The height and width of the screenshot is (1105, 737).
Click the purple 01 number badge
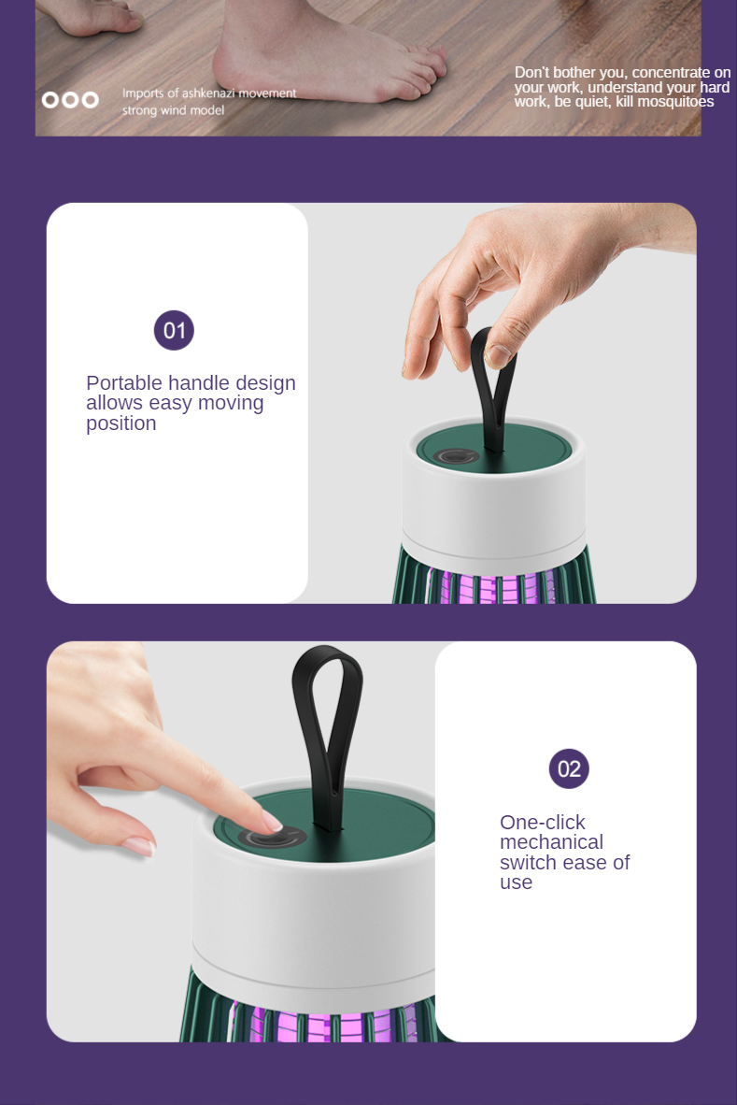(174, 330)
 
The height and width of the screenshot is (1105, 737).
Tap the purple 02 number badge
(569, 768)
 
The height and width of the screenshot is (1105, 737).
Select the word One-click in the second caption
(542, 822)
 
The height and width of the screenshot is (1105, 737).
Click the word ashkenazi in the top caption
(208, 93)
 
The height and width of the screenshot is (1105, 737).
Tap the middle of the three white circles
(70, 99)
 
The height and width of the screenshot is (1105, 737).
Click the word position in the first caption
(121, 423)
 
